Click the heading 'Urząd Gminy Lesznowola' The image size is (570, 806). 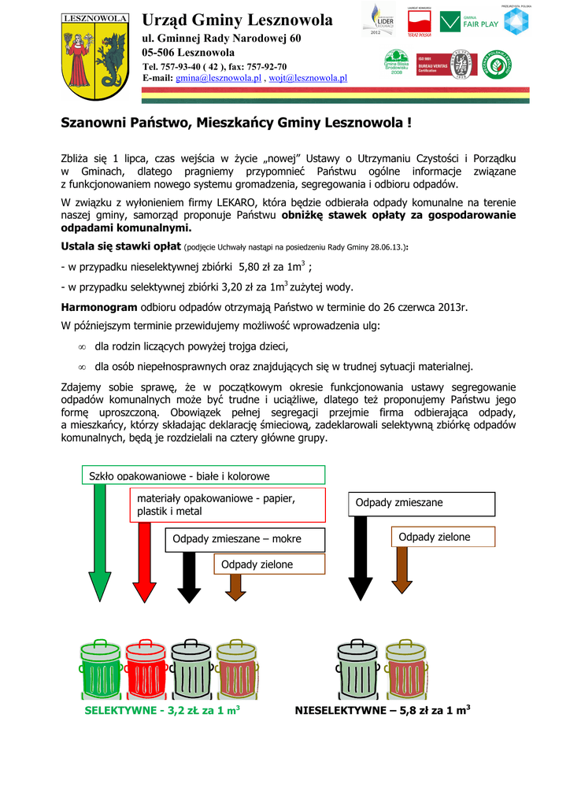[x=237, y=20]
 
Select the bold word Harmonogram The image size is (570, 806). [x=99, y=306]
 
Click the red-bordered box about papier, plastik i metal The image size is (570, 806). [x=227, y=505]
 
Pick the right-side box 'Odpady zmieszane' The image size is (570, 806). [x=421, y=502]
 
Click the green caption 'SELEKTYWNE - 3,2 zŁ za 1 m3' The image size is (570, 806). [x=161, y=710]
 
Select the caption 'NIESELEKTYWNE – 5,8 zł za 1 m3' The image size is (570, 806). [x=383, y=710]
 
